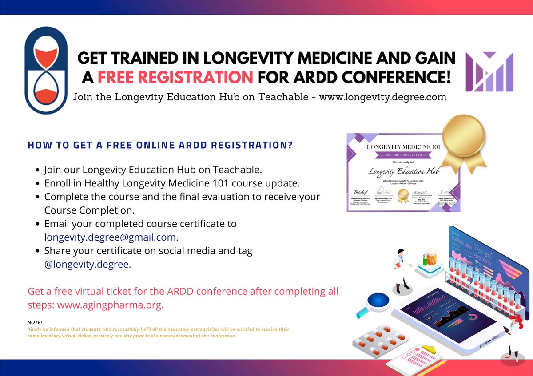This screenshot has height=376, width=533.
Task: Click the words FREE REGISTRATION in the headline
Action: click(175, 77)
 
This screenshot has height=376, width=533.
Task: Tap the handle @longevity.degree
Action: click(88, 264)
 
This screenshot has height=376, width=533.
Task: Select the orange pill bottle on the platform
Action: click(430, 257)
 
